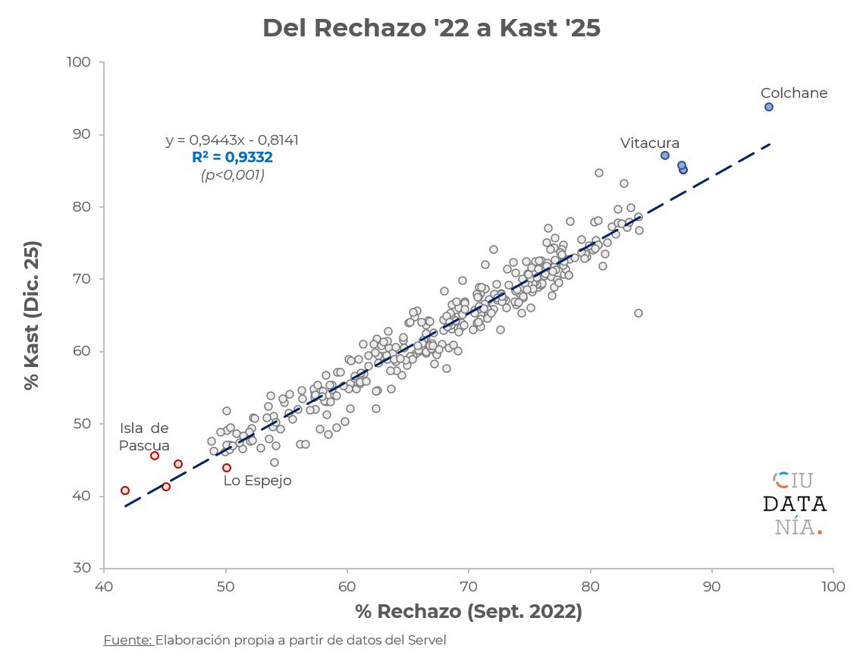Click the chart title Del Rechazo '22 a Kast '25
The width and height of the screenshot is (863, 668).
click(431, 28)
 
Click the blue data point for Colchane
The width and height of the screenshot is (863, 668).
click(768, 107)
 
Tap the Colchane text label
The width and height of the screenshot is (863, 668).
click(793, 93)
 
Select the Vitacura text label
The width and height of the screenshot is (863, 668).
click(649, 143)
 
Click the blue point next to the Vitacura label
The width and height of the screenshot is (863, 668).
click(664, 155)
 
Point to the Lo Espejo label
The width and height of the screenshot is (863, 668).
click(257, 481)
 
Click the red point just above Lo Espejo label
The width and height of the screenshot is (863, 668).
click(226, 468)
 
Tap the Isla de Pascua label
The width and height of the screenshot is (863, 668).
click(144, 437)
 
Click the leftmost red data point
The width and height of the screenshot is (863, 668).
click(125, 491)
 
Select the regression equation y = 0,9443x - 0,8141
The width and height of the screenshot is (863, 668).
click(232, 140)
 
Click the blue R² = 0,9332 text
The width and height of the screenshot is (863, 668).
click(232, 158)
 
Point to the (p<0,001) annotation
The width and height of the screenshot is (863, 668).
click(232, 175)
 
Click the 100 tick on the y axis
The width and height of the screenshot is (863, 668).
click(85, 62)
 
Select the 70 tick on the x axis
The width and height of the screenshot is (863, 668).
click(468, 586)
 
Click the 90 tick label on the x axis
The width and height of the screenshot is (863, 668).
click(711, 586)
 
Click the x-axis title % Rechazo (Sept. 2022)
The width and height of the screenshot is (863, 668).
click(468, 612)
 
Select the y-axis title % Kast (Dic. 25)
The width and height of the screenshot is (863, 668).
click(32, 315)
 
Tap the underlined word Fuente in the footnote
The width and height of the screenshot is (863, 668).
click(127, 640)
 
